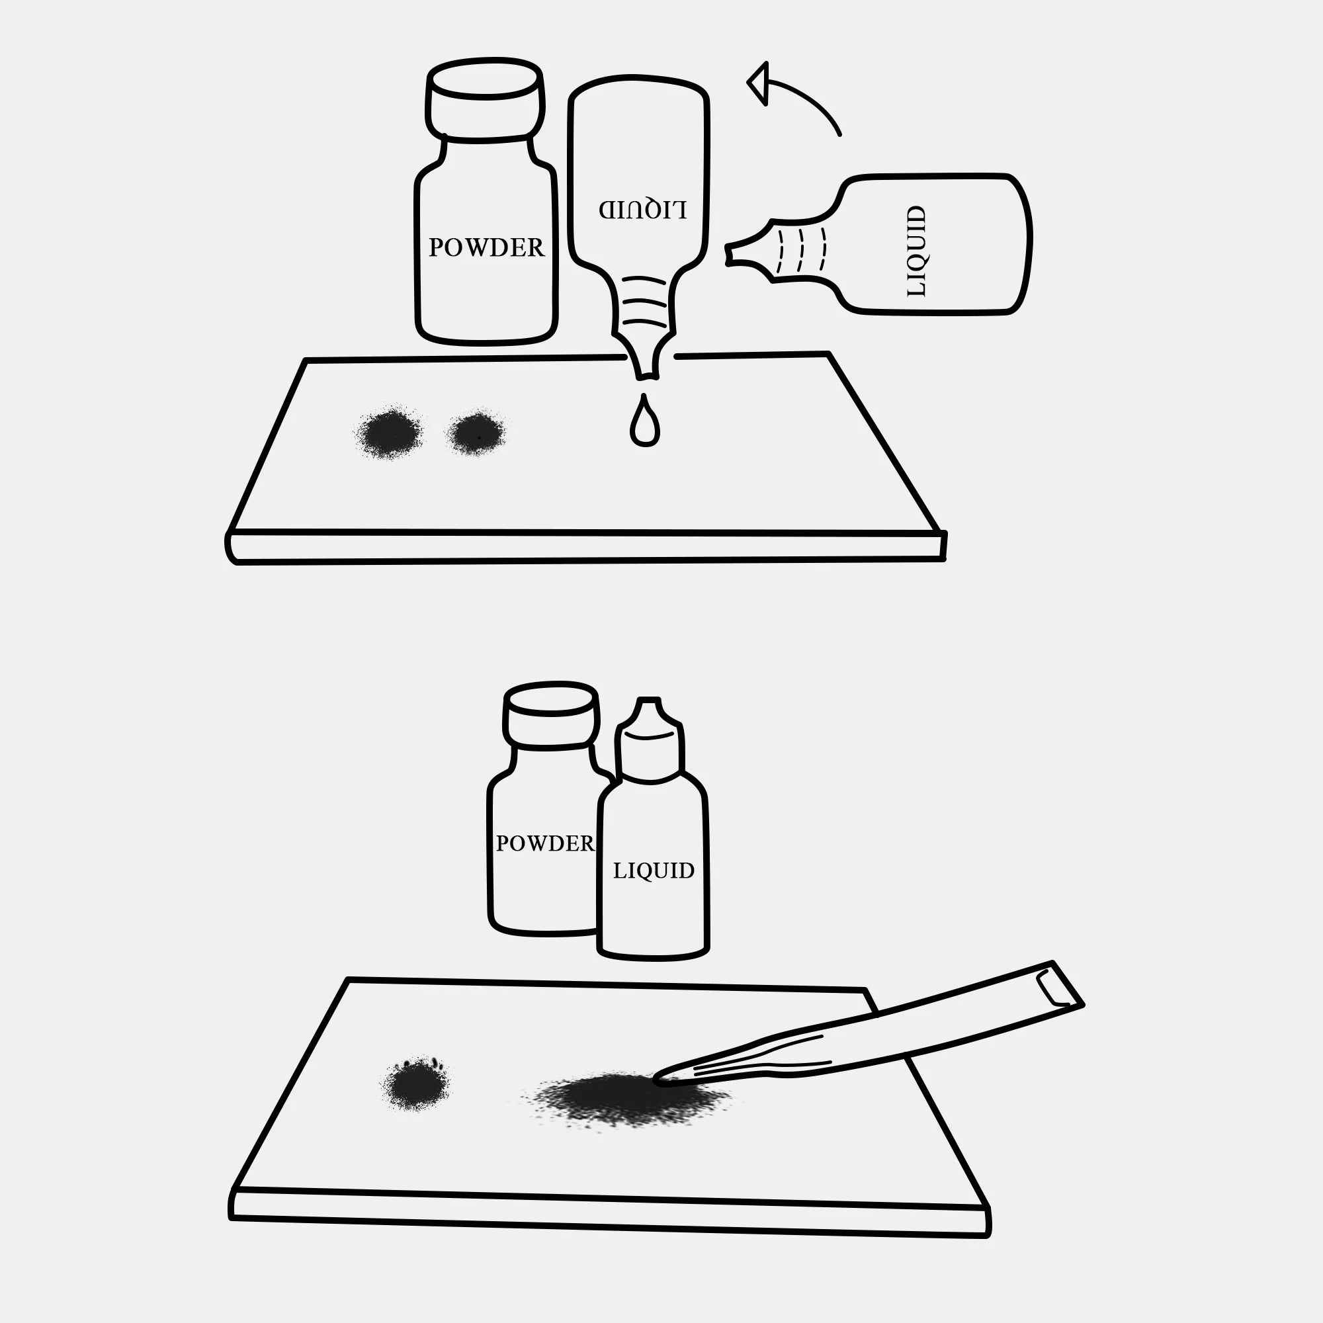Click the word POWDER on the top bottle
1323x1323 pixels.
[x=486, y=247]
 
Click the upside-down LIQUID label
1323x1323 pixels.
[x=642, y=209]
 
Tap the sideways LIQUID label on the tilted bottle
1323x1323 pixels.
[x=916, y=251]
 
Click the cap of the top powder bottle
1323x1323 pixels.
[x=486, y=98]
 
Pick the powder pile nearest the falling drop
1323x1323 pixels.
[x=476, y=433]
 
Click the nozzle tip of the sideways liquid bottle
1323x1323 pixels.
[x=728, y=254]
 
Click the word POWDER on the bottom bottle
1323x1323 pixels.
[x=545, y=843]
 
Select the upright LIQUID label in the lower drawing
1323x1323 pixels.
[x=654, y=871]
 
